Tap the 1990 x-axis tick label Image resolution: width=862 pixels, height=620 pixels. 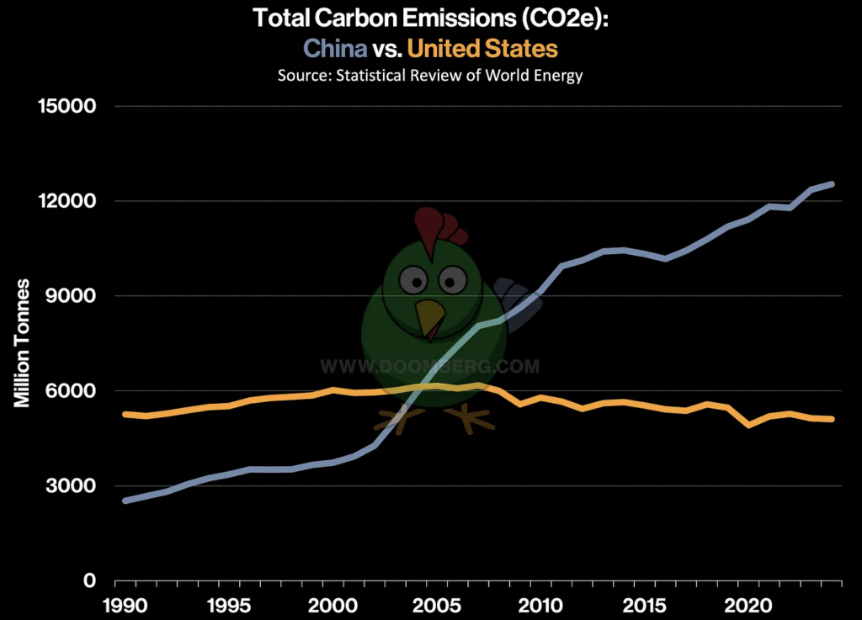click(125, 605)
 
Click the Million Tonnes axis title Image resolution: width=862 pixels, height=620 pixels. click(23, 343)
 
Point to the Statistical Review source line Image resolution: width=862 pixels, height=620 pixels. click(430, 75)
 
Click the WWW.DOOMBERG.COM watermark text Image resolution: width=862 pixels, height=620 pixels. click(430, 366)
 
